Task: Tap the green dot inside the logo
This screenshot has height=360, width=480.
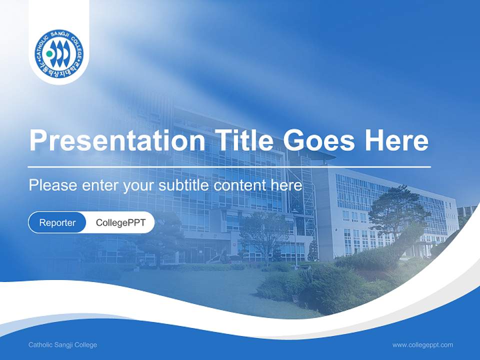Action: point(49,53)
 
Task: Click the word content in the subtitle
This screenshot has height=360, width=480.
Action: point(239,185)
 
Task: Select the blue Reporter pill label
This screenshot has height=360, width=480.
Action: point(57,222)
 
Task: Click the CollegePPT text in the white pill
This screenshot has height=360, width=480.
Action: point(120,222)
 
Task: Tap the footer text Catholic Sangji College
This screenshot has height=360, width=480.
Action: point(62,345)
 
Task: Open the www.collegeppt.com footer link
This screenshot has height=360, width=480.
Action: point(422,345)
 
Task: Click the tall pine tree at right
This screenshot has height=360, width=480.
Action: point(397,210)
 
